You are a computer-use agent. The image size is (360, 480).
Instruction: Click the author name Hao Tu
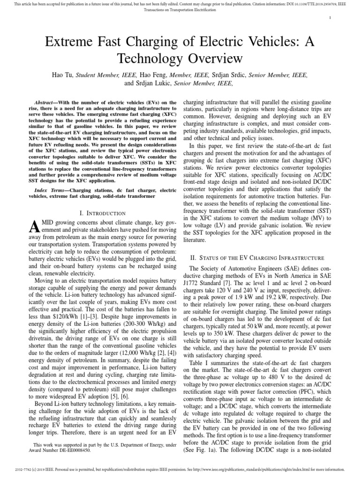[x=62, y=75]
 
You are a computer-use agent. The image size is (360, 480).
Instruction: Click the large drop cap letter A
[x=33, y=228]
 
